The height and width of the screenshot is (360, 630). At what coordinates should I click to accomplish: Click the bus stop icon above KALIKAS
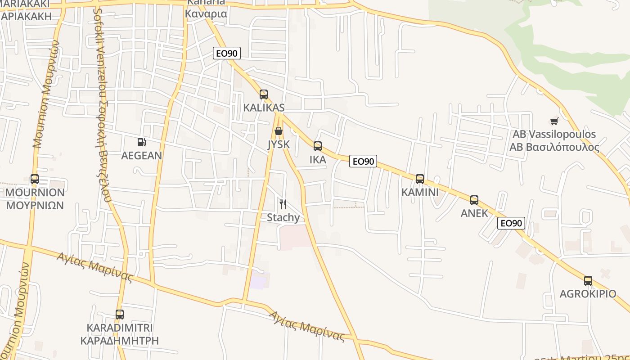(264, 94)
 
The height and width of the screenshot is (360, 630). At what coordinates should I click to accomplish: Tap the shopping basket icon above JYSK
(279, 131)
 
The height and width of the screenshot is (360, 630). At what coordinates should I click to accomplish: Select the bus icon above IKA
(318, 146)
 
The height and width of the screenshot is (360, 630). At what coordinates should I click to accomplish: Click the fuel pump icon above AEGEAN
(141, 142)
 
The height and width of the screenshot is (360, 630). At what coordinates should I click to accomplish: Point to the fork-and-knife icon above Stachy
(283, 204)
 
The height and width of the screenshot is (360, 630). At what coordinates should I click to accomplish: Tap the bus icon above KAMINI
(420, 179)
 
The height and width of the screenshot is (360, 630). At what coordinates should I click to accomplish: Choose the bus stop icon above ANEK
(474, 200)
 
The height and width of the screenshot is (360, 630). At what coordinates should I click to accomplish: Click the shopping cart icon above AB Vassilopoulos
(554, 121)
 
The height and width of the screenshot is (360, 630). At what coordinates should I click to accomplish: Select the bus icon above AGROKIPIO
(588, 281)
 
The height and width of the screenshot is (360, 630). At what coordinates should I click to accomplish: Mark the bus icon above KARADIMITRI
(119, 315)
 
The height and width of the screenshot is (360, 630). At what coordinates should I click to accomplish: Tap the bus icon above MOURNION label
(35, 179)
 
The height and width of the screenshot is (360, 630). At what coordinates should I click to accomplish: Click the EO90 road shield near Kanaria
(227, 54)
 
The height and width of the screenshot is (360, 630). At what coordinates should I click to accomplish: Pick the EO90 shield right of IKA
(363, 161)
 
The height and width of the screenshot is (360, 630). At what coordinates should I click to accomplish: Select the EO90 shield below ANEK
(511, 223)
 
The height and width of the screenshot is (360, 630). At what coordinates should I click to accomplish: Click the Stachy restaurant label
(283, 218)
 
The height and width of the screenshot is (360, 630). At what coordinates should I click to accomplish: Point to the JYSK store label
(279, 144)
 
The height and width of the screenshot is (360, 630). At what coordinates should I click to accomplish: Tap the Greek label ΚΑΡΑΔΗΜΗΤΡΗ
(120, 340)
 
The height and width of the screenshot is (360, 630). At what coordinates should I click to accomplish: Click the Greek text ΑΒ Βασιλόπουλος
(554, 147)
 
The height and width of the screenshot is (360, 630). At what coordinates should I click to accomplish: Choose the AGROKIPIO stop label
(588, 294)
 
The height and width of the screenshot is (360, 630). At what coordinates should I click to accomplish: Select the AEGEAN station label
(142, 156)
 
